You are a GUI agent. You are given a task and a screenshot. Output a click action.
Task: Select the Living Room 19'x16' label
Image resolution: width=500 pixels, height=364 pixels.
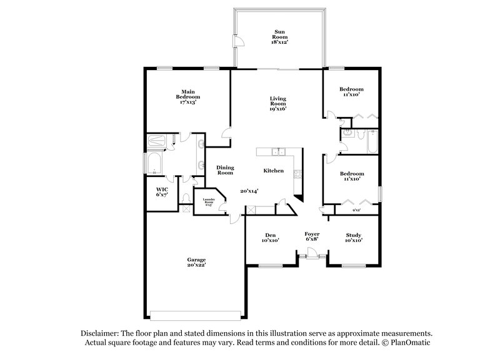[277, 103]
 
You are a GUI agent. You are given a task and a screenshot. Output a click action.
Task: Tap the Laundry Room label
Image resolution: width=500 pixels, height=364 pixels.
[207, 201]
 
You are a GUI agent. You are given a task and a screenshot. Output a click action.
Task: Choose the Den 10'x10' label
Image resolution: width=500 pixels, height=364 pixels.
[271, 237]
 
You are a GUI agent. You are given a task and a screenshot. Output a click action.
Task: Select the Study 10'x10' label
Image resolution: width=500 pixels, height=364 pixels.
[353, 237]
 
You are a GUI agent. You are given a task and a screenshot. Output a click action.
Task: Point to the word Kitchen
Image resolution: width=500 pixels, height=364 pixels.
[274, 171]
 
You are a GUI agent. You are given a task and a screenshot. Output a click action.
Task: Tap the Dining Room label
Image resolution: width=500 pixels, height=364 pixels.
[224, 169]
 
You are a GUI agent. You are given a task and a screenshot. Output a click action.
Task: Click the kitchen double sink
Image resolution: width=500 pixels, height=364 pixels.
[278, 152]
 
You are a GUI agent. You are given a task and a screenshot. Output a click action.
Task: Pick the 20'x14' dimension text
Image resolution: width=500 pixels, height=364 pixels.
[249, 191]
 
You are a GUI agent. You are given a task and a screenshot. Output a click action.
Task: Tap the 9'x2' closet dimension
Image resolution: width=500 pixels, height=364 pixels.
[356, 210]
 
